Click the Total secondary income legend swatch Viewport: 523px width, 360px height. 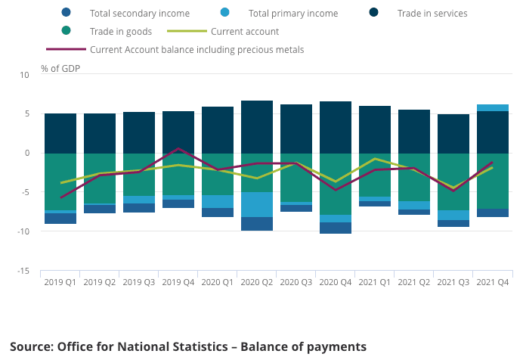click(67, 13)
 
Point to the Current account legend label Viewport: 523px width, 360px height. click(245, 32)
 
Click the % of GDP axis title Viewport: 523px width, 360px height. click(60, 69)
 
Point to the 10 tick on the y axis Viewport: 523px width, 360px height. click(24, 75)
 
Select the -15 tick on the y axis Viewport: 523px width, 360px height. click(23, 271)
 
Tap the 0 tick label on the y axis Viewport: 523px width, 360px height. click(26, 153)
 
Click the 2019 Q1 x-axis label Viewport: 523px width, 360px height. click(60, 282)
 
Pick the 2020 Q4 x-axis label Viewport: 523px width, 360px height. click(336, 282)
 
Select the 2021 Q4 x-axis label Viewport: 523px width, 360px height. click(493, 282)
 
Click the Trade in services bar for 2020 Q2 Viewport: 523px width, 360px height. click(257, 126)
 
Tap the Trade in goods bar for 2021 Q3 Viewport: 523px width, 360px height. click(453, 182)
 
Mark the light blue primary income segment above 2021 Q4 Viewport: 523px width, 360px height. click(493, 107)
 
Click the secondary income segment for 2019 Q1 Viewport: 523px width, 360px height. click(60, 219)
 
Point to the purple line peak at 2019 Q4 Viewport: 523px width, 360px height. click(178, 149)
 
